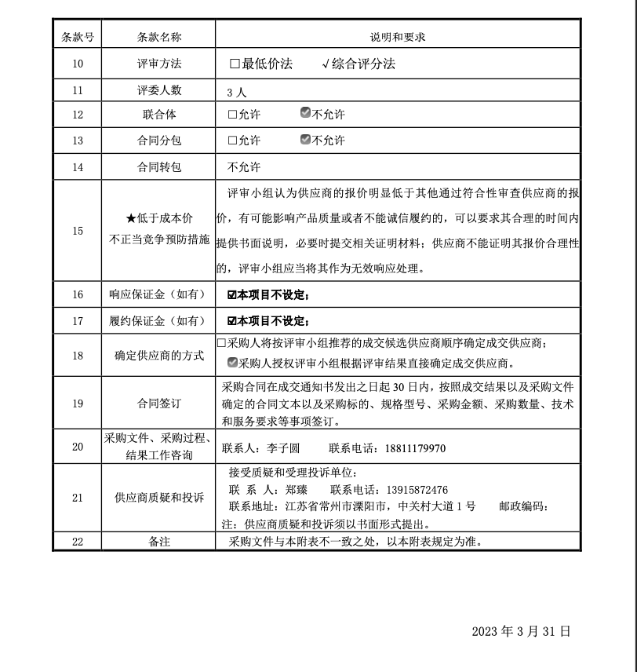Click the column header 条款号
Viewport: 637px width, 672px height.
(x=78, y=37)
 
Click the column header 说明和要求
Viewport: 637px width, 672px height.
(x=398, y=37)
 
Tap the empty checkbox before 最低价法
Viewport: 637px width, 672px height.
(x=235, y=64)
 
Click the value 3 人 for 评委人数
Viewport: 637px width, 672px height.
(x=236, y=92)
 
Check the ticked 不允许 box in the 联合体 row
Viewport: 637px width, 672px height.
(x=306, y=114)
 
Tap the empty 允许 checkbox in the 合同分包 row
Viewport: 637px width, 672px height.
(x=232, y=141)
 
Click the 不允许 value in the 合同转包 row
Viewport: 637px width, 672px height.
(x=244, y=167)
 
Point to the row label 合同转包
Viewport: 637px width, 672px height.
(x=159, y=167)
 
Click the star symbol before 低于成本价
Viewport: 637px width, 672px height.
(x=131, y=217)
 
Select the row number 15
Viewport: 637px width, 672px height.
(x=78, y=231)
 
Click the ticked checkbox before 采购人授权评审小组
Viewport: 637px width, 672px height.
(x=232, y=363)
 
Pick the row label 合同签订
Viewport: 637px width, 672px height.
(x=159, y=404)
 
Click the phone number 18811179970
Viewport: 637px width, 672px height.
(x=415, y=448)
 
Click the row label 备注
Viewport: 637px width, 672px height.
(x=159, y=542)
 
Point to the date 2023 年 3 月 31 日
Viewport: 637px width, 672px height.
(x=521, y=631)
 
